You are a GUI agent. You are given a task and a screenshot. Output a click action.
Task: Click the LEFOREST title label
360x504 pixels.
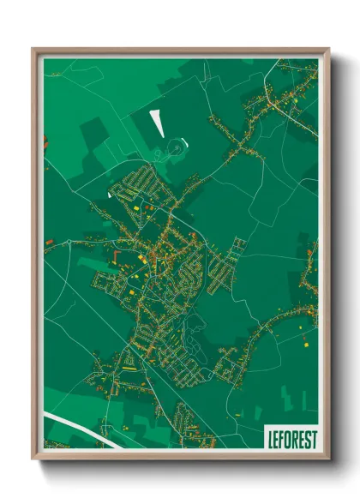(291, 438)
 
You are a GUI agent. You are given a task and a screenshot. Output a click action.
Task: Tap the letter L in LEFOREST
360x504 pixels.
(270, 438)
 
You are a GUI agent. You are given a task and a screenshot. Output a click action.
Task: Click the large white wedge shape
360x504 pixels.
(156, 122)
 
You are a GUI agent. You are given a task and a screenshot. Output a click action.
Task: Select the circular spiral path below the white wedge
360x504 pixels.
(176, 147)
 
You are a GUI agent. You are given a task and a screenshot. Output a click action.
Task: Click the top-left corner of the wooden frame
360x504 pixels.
(33, 49)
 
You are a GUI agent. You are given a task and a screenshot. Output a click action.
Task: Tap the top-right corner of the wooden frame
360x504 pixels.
(328, 49)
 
